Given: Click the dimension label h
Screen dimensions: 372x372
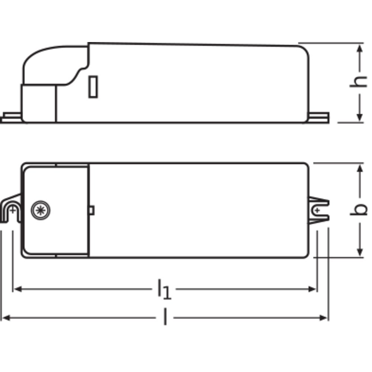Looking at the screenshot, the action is [359, 82].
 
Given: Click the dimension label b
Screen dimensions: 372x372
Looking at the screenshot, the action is [359, 209].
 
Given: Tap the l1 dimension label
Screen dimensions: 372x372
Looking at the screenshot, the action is [164, 289].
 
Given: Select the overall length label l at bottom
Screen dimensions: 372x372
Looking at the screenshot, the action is [166, 317].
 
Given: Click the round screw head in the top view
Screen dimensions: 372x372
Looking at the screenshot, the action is [41, 210].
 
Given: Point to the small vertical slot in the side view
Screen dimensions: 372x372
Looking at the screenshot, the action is [93, 87].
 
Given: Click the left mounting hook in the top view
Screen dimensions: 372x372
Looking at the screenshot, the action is [11, 209].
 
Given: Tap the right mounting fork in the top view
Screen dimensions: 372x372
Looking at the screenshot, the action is [319, 210].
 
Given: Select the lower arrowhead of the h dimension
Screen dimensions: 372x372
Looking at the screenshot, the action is [360, 117].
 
